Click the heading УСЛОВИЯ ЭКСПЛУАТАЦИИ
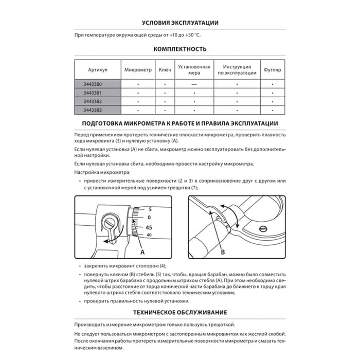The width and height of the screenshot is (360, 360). (180, 23)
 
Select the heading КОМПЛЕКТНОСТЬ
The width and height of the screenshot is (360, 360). (180, 49)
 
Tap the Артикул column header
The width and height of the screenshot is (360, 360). (98, 69)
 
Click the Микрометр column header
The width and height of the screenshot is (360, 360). (138, 69)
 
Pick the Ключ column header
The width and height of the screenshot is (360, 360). (165, 69)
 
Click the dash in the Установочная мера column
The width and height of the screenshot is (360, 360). (194, 84)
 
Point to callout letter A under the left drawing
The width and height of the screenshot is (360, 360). (142, 252)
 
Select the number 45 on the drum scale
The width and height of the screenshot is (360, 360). (149, 227)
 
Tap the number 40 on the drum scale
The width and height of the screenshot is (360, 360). (149, 235)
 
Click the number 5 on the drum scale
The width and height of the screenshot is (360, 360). (150, 210)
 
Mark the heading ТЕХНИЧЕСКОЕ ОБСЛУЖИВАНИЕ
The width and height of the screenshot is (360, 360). (180, 312)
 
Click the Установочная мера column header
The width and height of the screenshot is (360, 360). (194, 69)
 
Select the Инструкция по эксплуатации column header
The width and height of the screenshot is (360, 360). (237, 69)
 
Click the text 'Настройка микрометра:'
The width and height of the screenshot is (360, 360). (102, 172)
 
